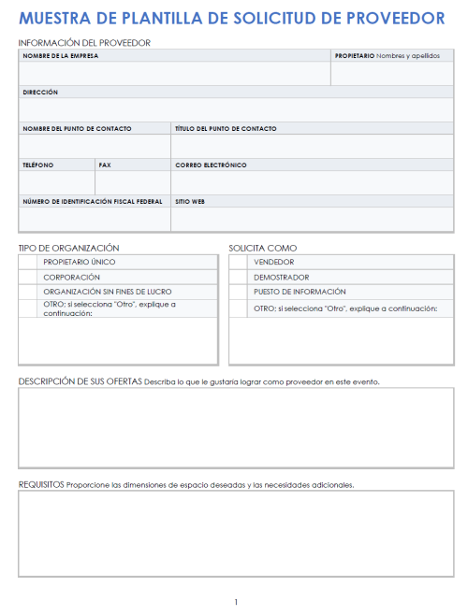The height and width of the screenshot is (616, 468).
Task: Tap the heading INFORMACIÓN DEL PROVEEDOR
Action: (x=84, y=43)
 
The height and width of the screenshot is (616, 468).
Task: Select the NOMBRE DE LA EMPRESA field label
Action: (x=61, y=56)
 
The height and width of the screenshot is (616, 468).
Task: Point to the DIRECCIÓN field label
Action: (x=40, y=93)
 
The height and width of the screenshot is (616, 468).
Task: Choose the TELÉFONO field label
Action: (x=38, y=165)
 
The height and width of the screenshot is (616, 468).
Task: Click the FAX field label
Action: (x=105, y=165)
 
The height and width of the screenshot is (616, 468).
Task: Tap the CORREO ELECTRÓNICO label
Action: (x=211, y=165)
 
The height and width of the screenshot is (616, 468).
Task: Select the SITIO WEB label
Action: (x=191, y=201)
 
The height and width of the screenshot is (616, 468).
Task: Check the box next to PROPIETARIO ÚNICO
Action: (x=29, y=263)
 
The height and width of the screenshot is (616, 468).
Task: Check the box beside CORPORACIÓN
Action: (x=29, y=278)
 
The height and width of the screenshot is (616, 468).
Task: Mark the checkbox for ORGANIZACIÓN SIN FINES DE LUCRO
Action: (x=29, y=292)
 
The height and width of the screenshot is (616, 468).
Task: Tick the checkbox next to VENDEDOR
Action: (x=240, y=263)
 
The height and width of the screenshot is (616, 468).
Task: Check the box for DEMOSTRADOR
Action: (x=240, y=278)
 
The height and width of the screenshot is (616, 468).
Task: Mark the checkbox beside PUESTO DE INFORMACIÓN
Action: (x=240, y=292)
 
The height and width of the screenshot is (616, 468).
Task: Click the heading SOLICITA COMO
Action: (x=263, y=248)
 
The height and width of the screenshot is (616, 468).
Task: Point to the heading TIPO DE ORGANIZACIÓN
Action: (x=69, y=248)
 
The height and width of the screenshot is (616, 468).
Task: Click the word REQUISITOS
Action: (x=41, y=484)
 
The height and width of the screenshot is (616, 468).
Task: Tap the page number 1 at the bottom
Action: (x=236, y=601)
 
